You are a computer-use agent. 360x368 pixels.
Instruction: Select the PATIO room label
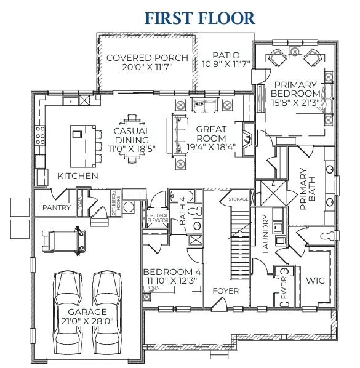click(226, 54)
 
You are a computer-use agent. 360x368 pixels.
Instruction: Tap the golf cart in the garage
click(61, 239)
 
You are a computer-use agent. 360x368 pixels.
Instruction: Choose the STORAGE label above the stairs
click(239, 199)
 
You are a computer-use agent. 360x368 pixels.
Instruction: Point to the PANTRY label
click(57, 207)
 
